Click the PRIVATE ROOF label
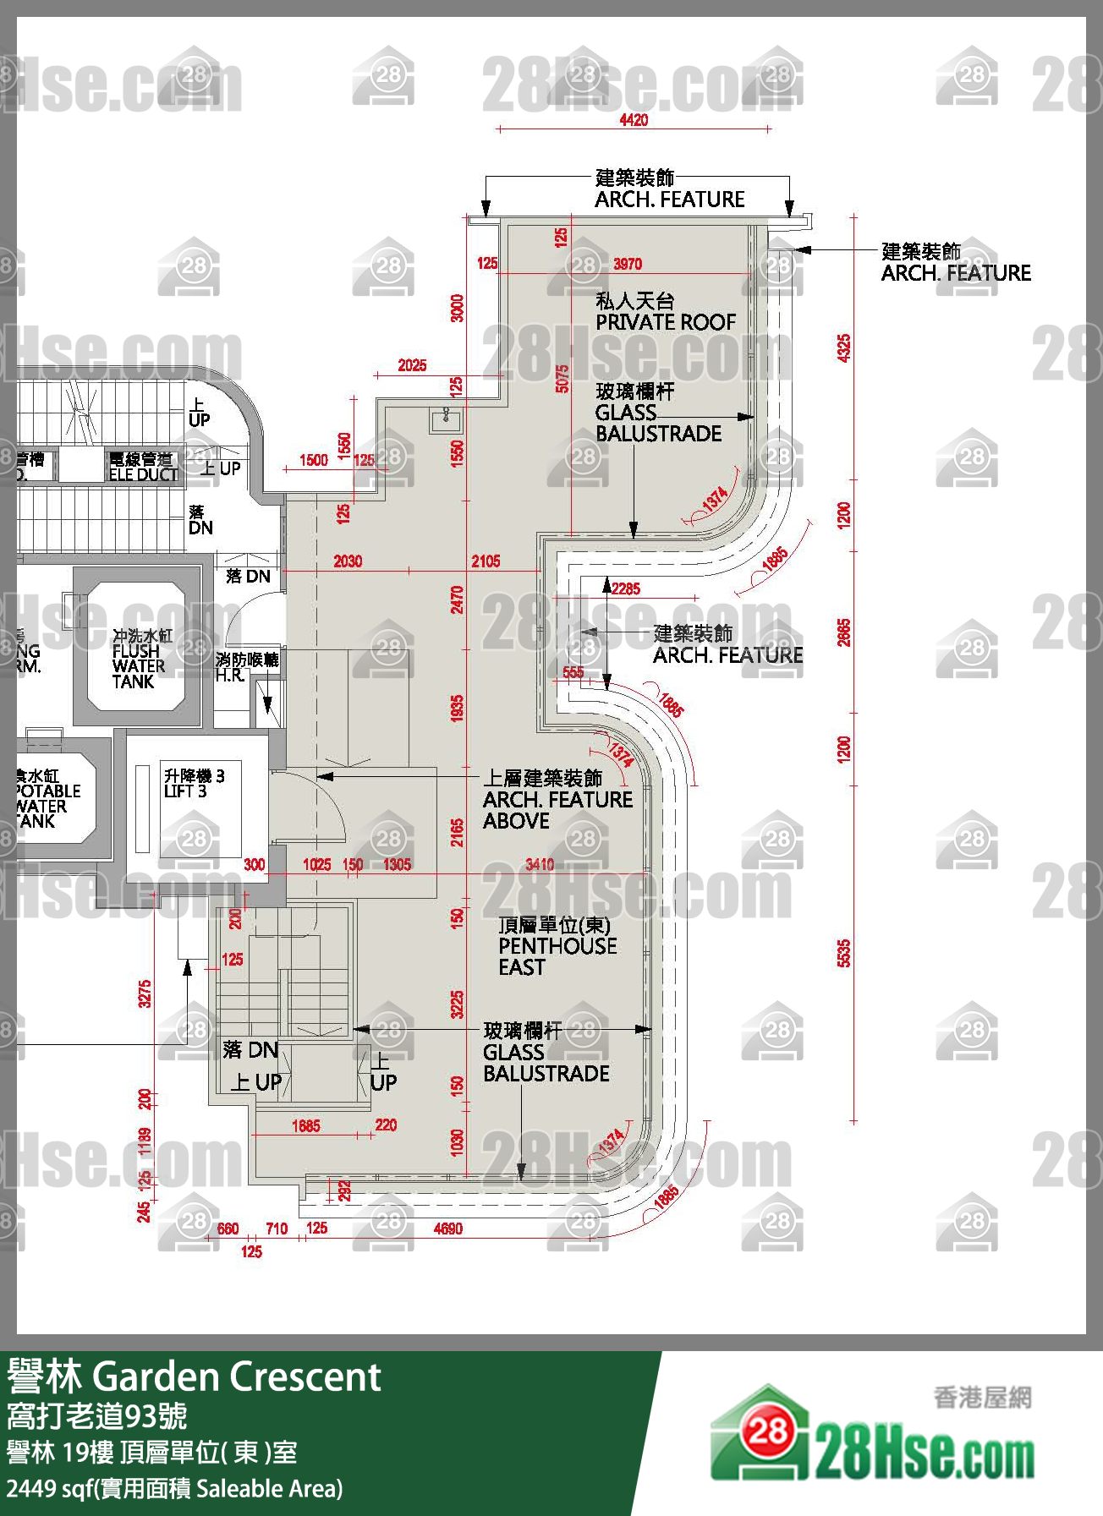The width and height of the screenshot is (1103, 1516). point(665,313)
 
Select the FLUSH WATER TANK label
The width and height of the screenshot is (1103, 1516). point(139,659)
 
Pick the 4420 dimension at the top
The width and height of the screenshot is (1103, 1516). point(634,120)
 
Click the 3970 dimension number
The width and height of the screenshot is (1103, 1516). point(628,264)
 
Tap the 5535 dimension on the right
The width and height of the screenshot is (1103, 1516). point(843,953)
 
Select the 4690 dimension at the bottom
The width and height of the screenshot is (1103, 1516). point(447,1229)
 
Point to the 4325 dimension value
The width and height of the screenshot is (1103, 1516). point(843,348)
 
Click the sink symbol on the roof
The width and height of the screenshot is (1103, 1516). point(445,418)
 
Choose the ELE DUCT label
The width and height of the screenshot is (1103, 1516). point(143,467)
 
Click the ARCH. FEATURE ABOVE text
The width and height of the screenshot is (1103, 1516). point(557,799)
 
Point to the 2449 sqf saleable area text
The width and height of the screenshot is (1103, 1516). point(174,1489)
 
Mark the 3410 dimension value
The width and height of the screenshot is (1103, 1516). point(540,864)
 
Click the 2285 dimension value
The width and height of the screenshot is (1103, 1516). point(625,588)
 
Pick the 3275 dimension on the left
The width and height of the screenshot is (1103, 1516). point(145,993)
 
